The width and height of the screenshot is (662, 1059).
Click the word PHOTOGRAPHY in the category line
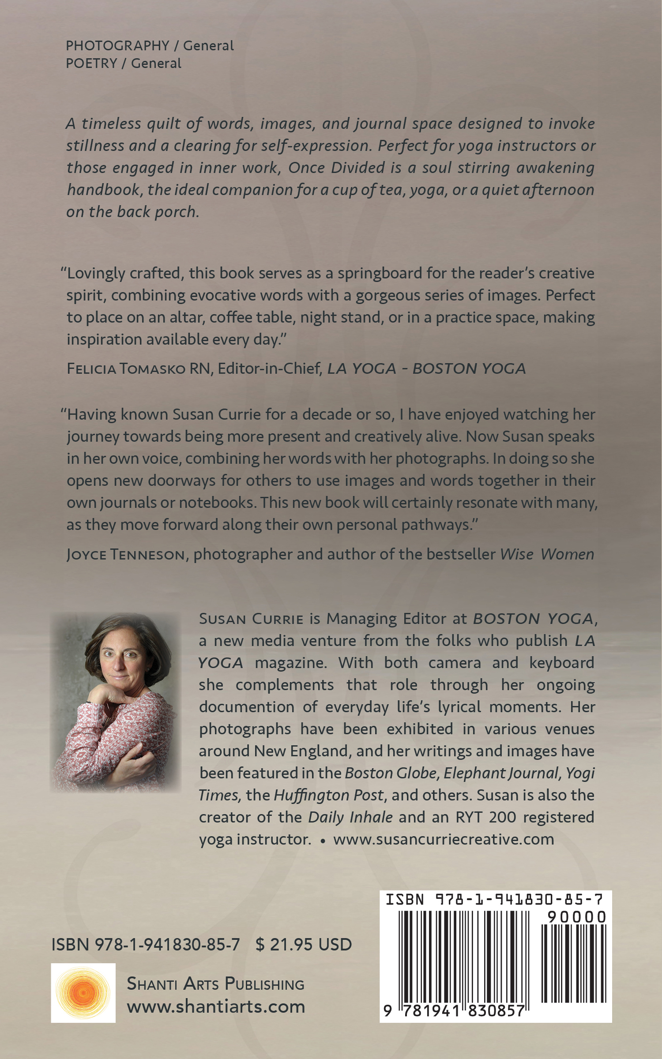(x=117, y=45)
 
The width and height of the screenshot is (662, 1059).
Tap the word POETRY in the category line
(x=91, y=63)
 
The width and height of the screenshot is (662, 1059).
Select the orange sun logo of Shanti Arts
(x=83, y=992)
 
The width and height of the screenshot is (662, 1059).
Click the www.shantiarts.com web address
(x=216, y=1006)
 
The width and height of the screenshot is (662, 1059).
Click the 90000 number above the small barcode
(x=576, y=917)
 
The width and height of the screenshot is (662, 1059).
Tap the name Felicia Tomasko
(x=126, y=368)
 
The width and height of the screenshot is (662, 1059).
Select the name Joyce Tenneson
(x=125, y=554)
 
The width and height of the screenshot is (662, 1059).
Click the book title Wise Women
(x=547, y=554)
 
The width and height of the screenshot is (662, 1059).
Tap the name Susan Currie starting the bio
(x=251, y=619)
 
